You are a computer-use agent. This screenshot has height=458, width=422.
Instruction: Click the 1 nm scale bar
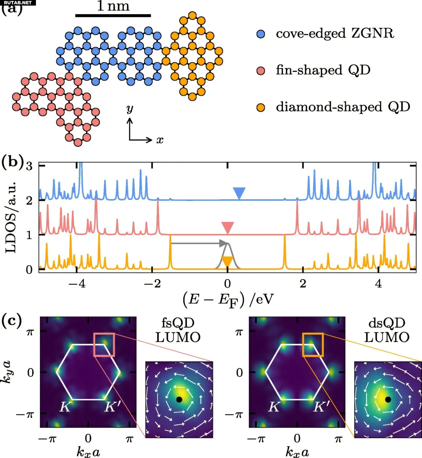pos(113,15)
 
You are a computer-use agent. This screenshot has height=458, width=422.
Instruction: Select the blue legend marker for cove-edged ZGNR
pos(261,34)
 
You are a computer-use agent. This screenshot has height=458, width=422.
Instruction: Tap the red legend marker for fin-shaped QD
pos(261,71)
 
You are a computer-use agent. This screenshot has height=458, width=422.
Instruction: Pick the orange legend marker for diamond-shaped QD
pos(261,108)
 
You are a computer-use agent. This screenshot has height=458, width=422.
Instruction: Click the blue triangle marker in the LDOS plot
pos(239,193)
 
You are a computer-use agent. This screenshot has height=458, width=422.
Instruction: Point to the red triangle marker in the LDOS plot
pos(227,228)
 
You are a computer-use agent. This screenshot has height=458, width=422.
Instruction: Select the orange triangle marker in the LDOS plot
pos(227,261)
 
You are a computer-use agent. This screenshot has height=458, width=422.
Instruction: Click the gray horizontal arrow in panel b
pos(198,243)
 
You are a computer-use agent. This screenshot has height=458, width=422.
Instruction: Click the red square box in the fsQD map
pos(104,344)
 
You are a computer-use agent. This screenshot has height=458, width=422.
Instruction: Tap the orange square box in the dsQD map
pos(313,344)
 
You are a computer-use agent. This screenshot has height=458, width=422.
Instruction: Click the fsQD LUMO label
pos(178,330)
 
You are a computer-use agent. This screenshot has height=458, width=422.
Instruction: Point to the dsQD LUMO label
pos(387,330)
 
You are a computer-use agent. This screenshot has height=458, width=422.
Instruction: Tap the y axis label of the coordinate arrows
pos(130,109)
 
